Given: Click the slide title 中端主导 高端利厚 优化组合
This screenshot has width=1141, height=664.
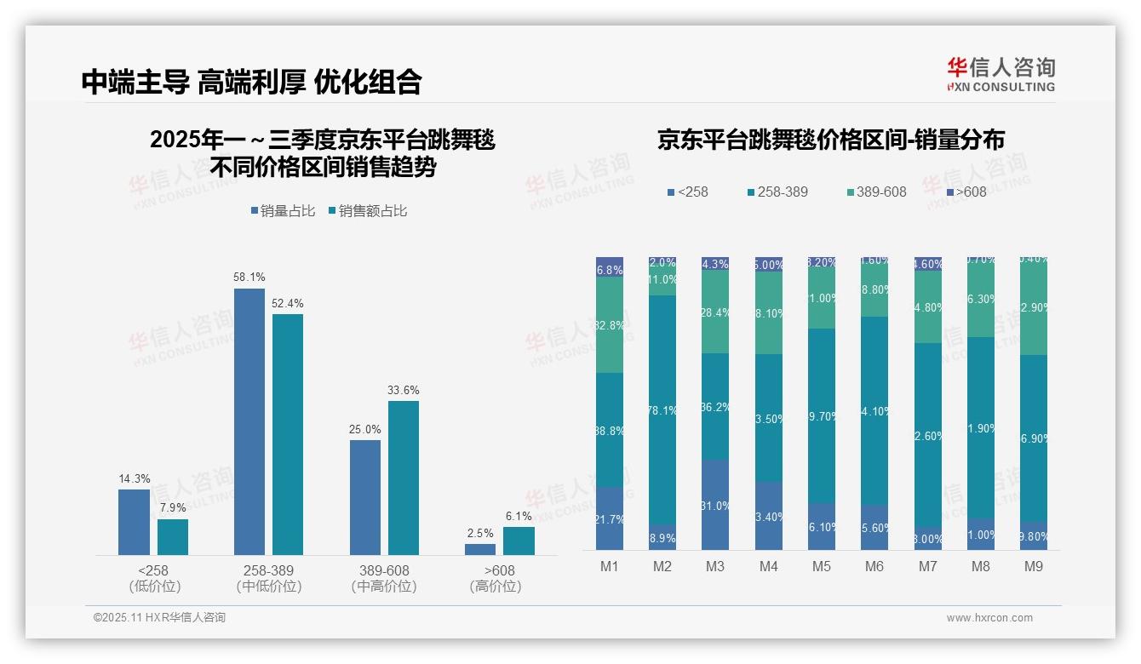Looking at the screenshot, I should click(251, 82).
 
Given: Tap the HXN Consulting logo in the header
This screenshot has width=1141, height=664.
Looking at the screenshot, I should click(1001, 75).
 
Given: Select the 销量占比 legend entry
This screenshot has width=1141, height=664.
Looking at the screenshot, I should click(286, 210).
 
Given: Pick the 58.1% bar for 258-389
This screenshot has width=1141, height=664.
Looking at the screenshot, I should click(249, 421).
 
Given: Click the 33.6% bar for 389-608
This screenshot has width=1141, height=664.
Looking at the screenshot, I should click(404, 478).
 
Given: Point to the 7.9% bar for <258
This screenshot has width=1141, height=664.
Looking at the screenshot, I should click(173, 537).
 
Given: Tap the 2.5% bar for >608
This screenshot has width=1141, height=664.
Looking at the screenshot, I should click(480, 549).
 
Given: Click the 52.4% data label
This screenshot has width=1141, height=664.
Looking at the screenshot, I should click(288, 303).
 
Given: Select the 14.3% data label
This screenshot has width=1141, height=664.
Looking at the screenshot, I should click(134, 478).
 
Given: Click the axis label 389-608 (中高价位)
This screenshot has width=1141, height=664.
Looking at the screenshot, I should click(384, 578).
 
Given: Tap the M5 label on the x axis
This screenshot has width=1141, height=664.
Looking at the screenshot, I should click(822, 566).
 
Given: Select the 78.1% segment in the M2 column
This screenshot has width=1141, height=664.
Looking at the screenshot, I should click(662, 409).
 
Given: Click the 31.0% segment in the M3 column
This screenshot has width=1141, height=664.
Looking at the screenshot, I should click(715, 505).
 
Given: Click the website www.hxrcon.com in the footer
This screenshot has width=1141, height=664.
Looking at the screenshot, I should click(989, 618).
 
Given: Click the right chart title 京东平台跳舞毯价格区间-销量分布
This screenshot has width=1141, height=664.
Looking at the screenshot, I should click(830, 140).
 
